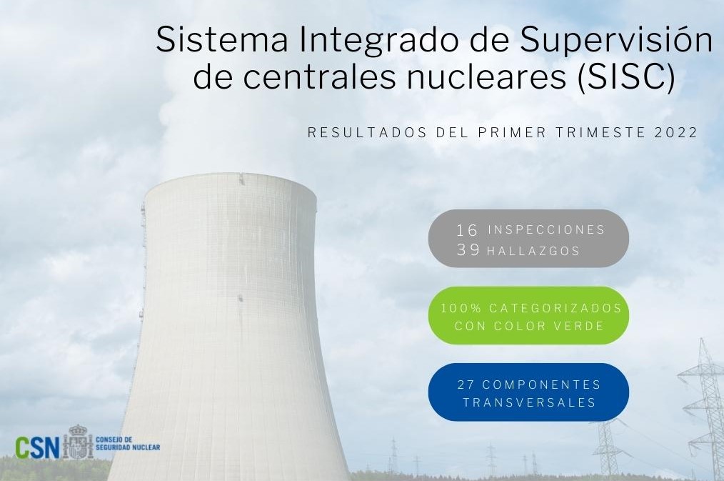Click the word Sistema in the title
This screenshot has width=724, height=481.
pos(223,39)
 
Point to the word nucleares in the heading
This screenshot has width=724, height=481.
pos(486,77)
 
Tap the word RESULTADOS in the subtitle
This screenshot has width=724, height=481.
pos(367,133)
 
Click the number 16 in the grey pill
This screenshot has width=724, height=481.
pos(467,229)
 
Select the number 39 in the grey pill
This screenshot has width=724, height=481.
pos(468,250)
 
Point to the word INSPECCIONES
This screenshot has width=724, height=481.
pos(546,229)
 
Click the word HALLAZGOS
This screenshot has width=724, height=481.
pos(533,251)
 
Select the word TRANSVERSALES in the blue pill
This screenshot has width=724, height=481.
pos(529,402)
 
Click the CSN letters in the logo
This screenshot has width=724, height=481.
pos(37,447)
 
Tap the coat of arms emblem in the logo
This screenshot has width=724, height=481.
pos(78,442)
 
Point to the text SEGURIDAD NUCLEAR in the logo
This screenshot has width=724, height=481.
pos(128,447)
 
